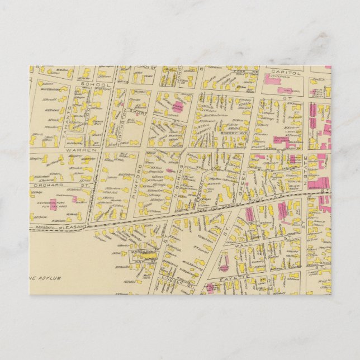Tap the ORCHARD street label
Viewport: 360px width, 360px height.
[46, 184]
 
